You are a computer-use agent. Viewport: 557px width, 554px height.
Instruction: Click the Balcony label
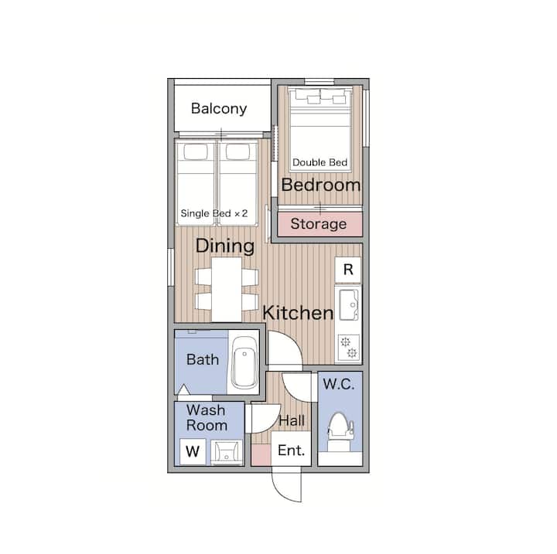pyautogui.click(x=219, y=109)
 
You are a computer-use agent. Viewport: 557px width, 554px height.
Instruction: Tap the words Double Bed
pyautogui.click(x=320, y=162)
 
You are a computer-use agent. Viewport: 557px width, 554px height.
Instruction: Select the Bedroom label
pyautogui.click(x=321, y=185)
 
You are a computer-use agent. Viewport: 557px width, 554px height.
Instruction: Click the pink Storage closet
pyautogui.click(x=320, y=224)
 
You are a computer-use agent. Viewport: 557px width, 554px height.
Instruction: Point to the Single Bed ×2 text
pyautogui.click(x=214, y=213)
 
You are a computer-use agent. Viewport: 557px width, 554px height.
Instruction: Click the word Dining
pyautogui.click(x=225, y=246)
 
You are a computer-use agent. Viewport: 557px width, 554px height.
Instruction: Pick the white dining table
pyautogui.click(x=227, y=289)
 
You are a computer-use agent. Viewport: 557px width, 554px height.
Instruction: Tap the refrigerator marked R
pyautogui.click(x=348, y=270)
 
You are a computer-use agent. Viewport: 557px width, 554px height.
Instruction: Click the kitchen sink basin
pyautogui.click(x=349, y=305)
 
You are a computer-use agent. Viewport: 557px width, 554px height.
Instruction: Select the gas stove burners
pyautogui.click(x=349, y=348)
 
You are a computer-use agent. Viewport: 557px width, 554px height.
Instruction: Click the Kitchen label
pyautogui.click(x=298, y=313)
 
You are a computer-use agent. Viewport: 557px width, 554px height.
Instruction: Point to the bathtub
pyautogui.click(x=244, y=362)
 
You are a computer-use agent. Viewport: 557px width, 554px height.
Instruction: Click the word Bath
pyautogui.click(x=203, y=359)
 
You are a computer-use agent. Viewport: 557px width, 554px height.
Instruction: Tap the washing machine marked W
pyautogui.click(x=193, y=451)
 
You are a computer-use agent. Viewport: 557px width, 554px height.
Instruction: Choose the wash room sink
pyautogui.click(x=226, y=452)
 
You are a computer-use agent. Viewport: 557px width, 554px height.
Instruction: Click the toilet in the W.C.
pyautogui.click(x=340, y=432)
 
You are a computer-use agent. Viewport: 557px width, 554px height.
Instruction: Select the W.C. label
pyautogui.click(x=339, y=384)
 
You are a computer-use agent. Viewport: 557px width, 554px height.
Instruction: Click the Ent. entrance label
pyautogui.click(x=292, y=450)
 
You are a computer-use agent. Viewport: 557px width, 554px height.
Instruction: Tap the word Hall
pyautogui.click(x=292, y=421)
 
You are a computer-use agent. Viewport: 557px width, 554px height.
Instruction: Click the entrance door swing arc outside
pyautogui.click(x=281, y=491)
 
